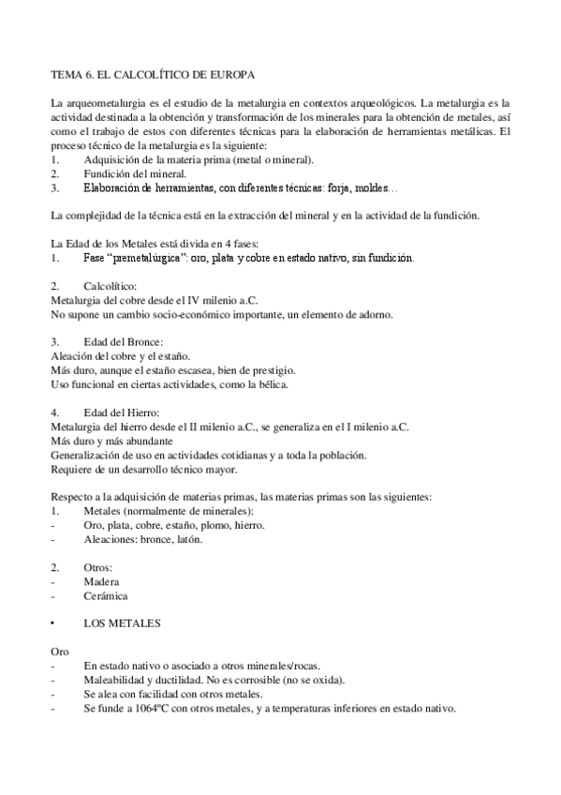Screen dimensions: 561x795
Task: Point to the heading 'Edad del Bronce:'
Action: (x=124, y=341)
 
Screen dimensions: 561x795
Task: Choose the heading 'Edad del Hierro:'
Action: (x=123, y=412)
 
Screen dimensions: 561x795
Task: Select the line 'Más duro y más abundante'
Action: (x=111, y=440)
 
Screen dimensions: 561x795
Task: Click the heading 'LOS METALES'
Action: (x=123, y=622)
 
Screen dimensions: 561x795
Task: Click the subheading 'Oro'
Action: (x=58, y=651)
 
